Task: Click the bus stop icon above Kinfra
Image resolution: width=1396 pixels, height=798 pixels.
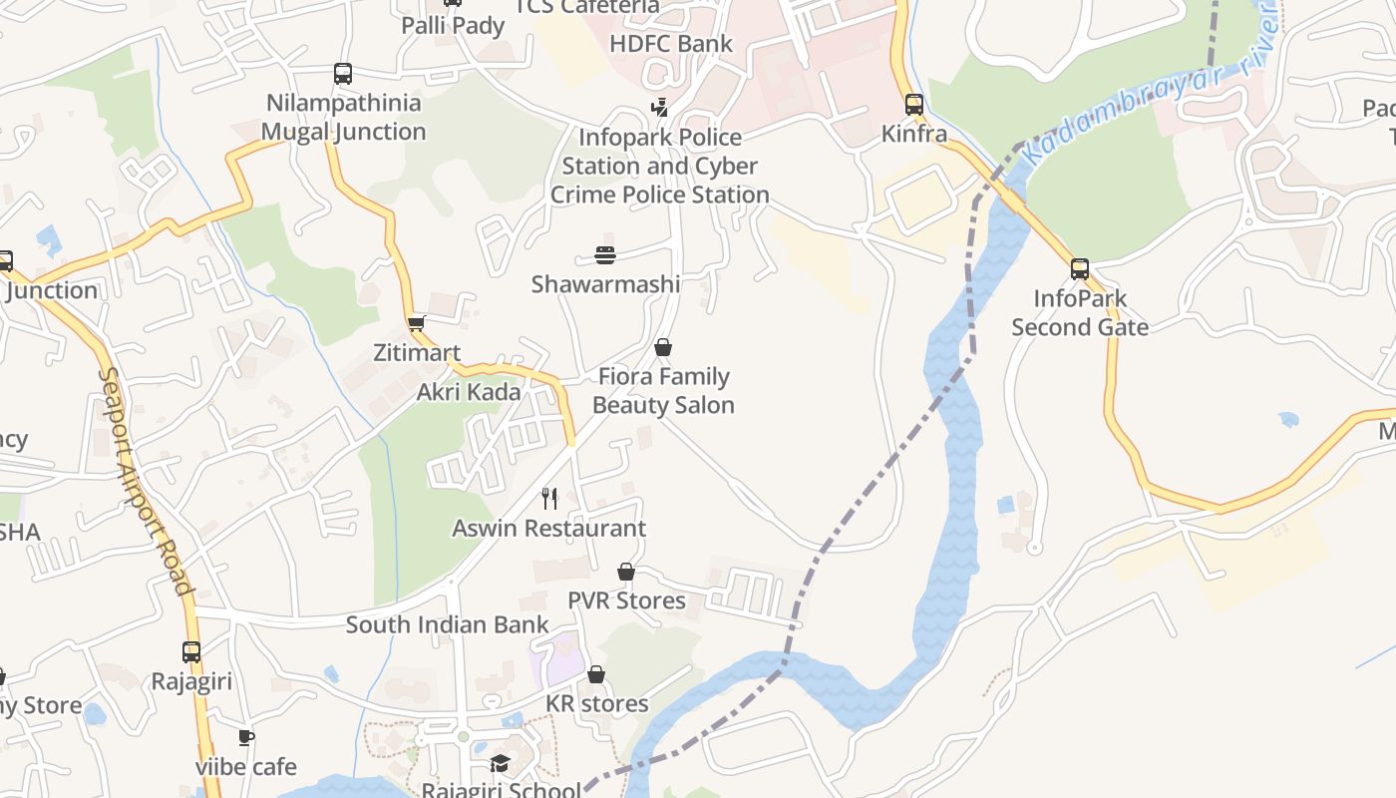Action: click(913, 105)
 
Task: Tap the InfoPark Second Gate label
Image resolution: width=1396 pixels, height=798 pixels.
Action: click(1080, 312)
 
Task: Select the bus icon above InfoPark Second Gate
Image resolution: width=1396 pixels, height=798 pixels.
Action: click(1080, 269)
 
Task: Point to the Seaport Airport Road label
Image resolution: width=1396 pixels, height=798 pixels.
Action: click(146, 481)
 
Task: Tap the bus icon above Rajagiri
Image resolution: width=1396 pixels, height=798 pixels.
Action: click(191, 652)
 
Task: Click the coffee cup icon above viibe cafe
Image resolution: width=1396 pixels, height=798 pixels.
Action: click(245, 738)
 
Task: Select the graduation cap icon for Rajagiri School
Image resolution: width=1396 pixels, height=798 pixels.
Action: click(500, 764)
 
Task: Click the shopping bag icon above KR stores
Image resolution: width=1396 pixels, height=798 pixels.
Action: click(595, 675)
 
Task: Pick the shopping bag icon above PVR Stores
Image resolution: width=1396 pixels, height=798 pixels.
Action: click(626, 572)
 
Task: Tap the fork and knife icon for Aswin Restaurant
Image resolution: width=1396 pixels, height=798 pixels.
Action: click(549, 499)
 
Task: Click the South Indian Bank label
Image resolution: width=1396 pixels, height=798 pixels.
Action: click(447, 625)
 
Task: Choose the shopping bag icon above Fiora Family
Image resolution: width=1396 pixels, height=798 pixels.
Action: click(663, 347)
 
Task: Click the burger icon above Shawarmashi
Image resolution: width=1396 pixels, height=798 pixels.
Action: click(605, 255)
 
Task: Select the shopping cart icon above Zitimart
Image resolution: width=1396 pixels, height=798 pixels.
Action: click(417, 323)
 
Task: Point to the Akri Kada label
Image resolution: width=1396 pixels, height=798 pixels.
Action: click(469, 392)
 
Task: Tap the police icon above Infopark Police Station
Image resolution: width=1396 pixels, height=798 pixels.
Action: click(659, 107)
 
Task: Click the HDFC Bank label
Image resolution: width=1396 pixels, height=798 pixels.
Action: click(670, 44)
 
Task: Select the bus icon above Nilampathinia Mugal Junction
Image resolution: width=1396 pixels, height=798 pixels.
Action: click(343, 74)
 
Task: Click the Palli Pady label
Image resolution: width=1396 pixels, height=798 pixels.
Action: click(453, 26)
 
